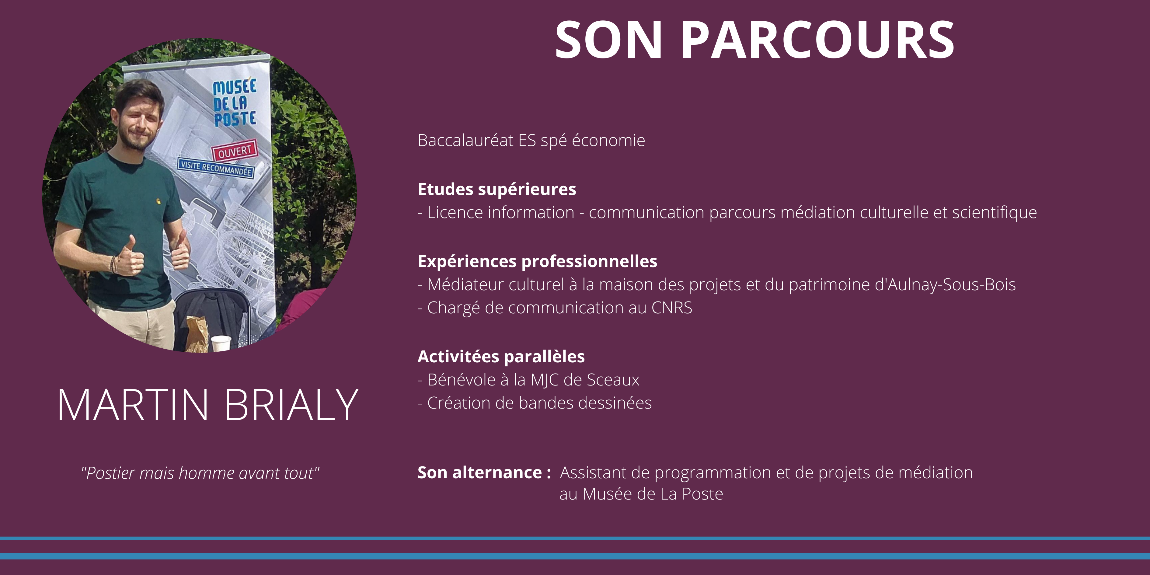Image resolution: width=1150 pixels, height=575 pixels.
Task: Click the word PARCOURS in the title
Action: (817, 40)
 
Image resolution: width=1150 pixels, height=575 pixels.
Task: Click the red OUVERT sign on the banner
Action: (235, 151)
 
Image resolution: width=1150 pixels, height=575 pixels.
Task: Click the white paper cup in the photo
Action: (221, 344)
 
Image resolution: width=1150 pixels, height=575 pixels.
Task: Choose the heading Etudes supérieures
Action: (497, 189)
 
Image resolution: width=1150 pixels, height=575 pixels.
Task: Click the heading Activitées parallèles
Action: (501, 356)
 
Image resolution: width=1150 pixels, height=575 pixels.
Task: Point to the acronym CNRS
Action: (672, 308)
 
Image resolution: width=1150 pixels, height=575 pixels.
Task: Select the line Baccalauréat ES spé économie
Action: (531, 141)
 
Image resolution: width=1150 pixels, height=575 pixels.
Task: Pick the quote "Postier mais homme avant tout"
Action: (200, 473)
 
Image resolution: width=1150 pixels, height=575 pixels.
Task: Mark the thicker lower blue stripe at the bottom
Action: (575, 556)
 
